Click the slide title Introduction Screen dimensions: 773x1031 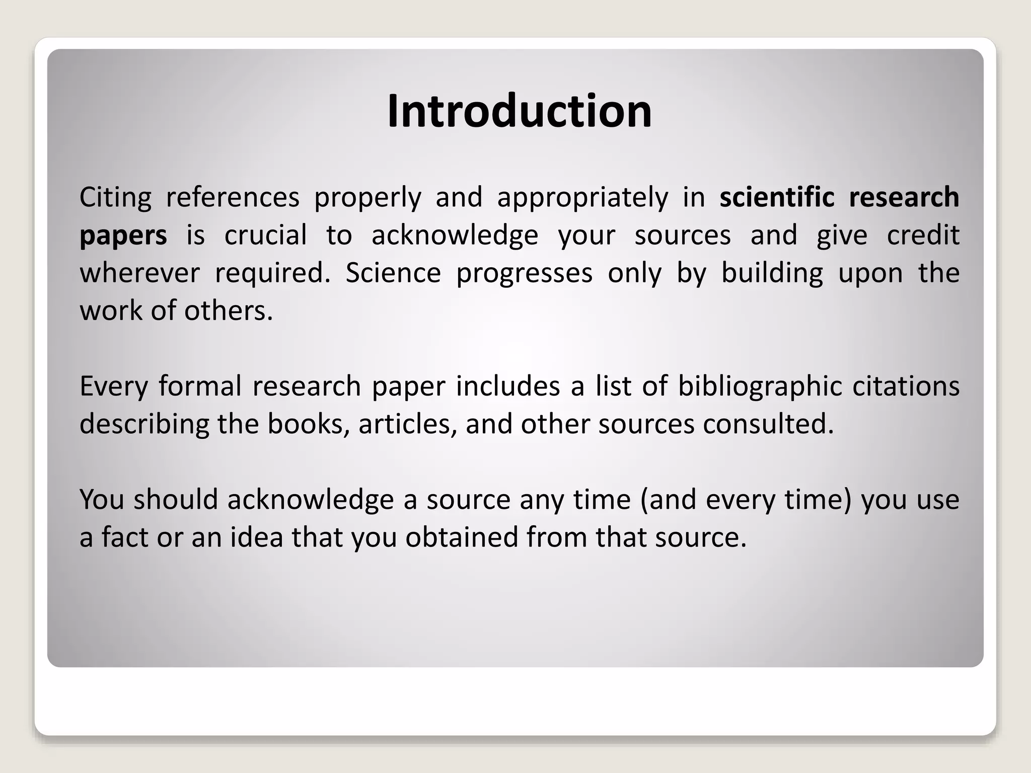pos(519,111)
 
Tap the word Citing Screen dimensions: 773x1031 pos(115,197)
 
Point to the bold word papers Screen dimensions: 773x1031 pos(123,236)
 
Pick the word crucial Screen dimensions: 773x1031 pos(265,235)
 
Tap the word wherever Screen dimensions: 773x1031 pos(140,273)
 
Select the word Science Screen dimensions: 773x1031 pos(393,273)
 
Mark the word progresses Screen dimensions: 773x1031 pos(525,274)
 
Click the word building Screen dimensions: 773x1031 pos(772,273)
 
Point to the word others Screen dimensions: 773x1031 pos(228,311)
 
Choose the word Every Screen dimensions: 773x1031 pos(114,386)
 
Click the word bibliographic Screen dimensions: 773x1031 pos(760,386)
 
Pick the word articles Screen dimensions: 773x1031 pos(408,424)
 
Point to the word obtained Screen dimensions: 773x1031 pos(462,537)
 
